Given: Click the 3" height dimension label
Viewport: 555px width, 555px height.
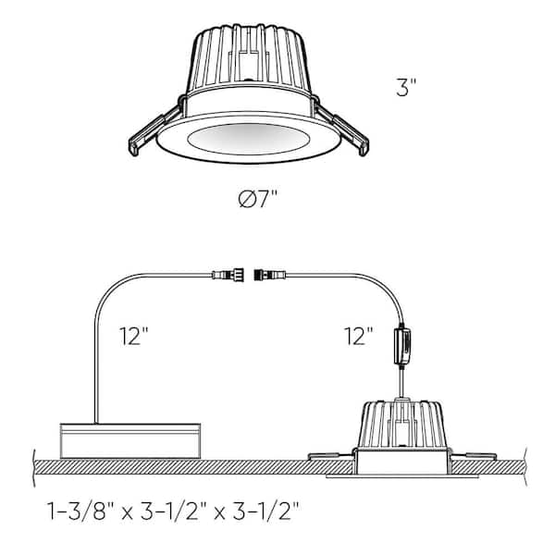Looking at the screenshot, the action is tap(406, 88).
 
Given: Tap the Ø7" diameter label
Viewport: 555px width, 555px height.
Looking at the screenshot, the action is tap(258, 199).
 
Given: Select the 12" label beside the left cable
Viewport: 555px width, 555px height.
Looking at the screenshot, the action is tap(133, 336).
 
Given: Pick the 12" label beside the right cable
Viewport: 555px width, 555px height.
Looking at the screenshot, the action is tap(359, 336).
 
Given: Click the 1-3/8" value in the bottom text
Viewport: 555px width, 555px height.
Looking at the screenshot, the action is tap(77, 512).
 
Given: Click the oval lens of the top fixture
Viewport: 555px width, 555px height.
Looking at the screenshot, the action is tap(249, 139).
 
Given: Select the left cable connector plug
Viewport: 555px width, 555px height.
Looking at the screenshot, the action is tap(228, 275).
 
